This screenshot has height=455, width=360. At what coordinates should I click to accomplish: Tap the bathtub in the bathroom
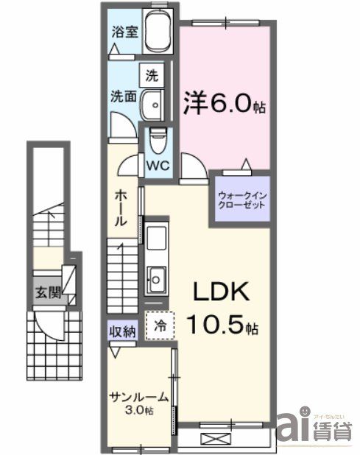pyautogui.click(x=158, y=34)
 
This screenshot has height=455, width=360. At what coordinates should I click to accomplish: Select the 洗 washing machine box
pyautogui.click(x=151, y=74)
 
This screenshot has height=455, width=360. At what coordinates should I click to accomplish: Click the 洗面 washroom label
pyautogui.click(x=122, y=96)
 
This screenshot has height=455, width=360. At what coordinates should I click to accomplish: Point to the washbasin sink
pyautogui.click(x=153, y=104)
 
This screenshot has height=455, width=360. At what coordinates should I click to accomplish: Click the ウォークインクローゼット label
pyautogui.click(x=241, y=200)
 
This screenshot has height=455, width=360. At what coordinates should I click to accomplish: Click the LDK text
pyautogui.click(x=221, y=292)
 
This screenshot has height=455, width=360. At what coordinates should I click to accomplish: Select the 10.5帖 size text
pyautogui.click(x=221, y=323)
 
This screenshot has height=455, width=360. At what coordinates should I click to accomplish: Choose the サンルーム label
pyautogui.click(x=139, y=398)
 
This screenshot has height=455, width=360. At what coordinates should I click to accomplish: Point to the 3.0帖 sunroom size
pyautogui.click(x=139, y=410)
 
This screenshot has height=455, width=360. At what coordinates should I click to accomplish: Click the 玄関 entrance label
pyautogui.click(x=45, y=292)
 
